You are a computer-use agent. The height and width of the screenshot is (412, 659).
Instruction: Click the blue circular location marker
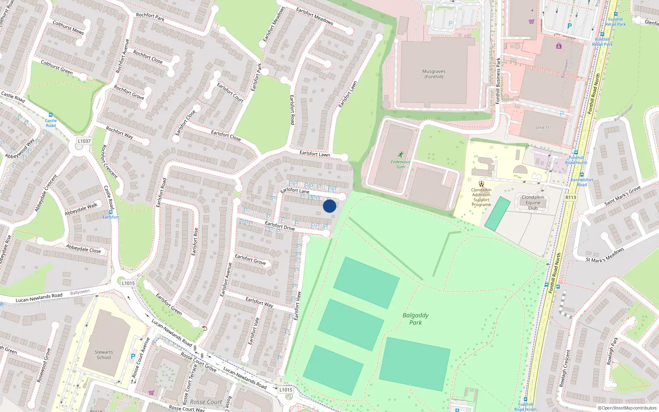[329, 206]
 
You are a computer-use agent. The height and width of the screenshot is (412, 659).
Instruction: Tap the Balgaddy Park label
[416, 319]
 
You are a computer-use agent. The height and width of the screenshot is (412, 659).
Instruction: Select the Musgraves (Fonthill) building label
[434, 74]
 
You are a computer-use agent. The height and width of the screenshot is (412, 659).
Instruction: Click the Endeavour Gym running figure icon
[400, 155]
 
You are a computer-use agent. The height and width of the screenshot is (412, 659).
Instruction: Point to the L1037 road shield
[84, 141]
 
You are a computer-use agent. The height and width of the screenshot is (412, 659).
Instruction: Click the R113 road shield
[570, 197]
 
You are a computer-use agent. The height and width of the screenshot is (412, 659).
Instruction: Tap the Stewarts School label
[103, 355]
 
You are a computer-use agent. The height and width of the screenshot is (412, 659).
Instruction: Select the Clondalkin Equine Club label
[533, 203]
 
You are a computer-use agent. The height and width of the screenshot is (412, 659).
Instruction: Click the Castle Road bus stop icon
[50, 115]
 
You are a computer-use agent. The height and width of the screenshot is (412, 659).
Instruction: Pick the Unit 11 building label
[542, 128]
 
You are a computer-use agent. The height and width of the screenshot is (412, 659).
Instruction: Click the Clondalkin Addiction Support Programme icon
[481, 184]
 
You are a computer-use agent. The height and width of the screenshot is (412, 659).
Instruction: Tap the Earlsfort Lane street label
[294, 190]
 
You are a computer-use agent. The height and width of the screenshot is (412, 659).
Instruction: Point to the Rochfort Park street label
[150, 17]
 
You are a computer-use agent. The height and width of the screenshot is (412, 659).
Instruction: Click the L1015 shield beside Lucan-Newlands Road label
[128, 283]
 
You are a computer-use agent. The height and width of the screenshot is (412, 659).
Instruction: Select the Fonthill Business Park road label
[498, 81]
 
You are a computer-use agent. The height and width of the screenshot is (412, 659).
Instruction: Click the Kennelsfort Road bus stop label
[582, 182]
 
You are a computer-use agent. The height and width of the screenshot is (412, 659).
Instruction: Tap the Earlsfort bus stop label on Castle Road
[110, 217]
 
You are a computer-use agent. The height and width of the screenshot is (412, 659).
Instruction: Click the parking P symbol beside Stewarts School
[133, 356]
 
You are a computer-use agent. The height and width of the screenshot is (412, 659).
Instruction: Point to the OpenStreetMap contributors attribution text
[627, 408]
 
